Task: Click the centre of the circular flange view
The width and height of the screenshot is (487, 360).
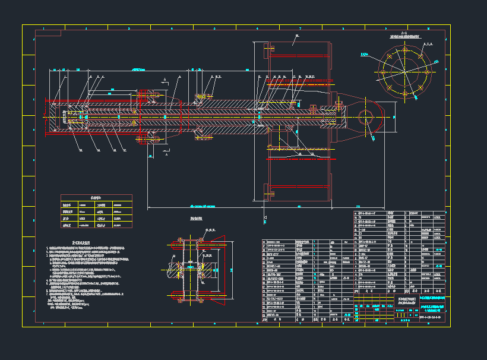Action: [404, 72]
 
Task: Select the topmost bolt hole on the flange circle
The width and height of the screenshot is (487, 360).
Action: [404, 50]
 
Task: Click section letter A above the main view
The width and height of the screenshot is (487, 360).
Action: [165, 79]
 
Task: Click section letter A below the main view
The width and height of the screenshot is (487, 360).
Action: [166, 157]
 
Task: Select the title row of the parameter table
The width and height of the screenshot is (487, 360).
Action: [96, 197]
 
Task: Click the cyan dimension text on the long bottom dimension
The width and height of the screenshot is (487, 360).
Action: [202, 206]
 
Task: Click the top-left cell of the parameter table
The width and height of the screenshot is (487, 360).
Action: [69, 204]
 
